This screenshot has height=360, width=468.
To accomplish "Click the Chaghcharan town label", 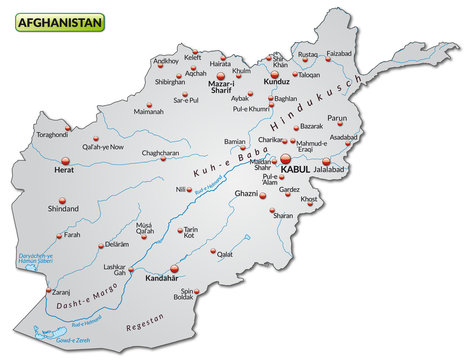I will (160, 153).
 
